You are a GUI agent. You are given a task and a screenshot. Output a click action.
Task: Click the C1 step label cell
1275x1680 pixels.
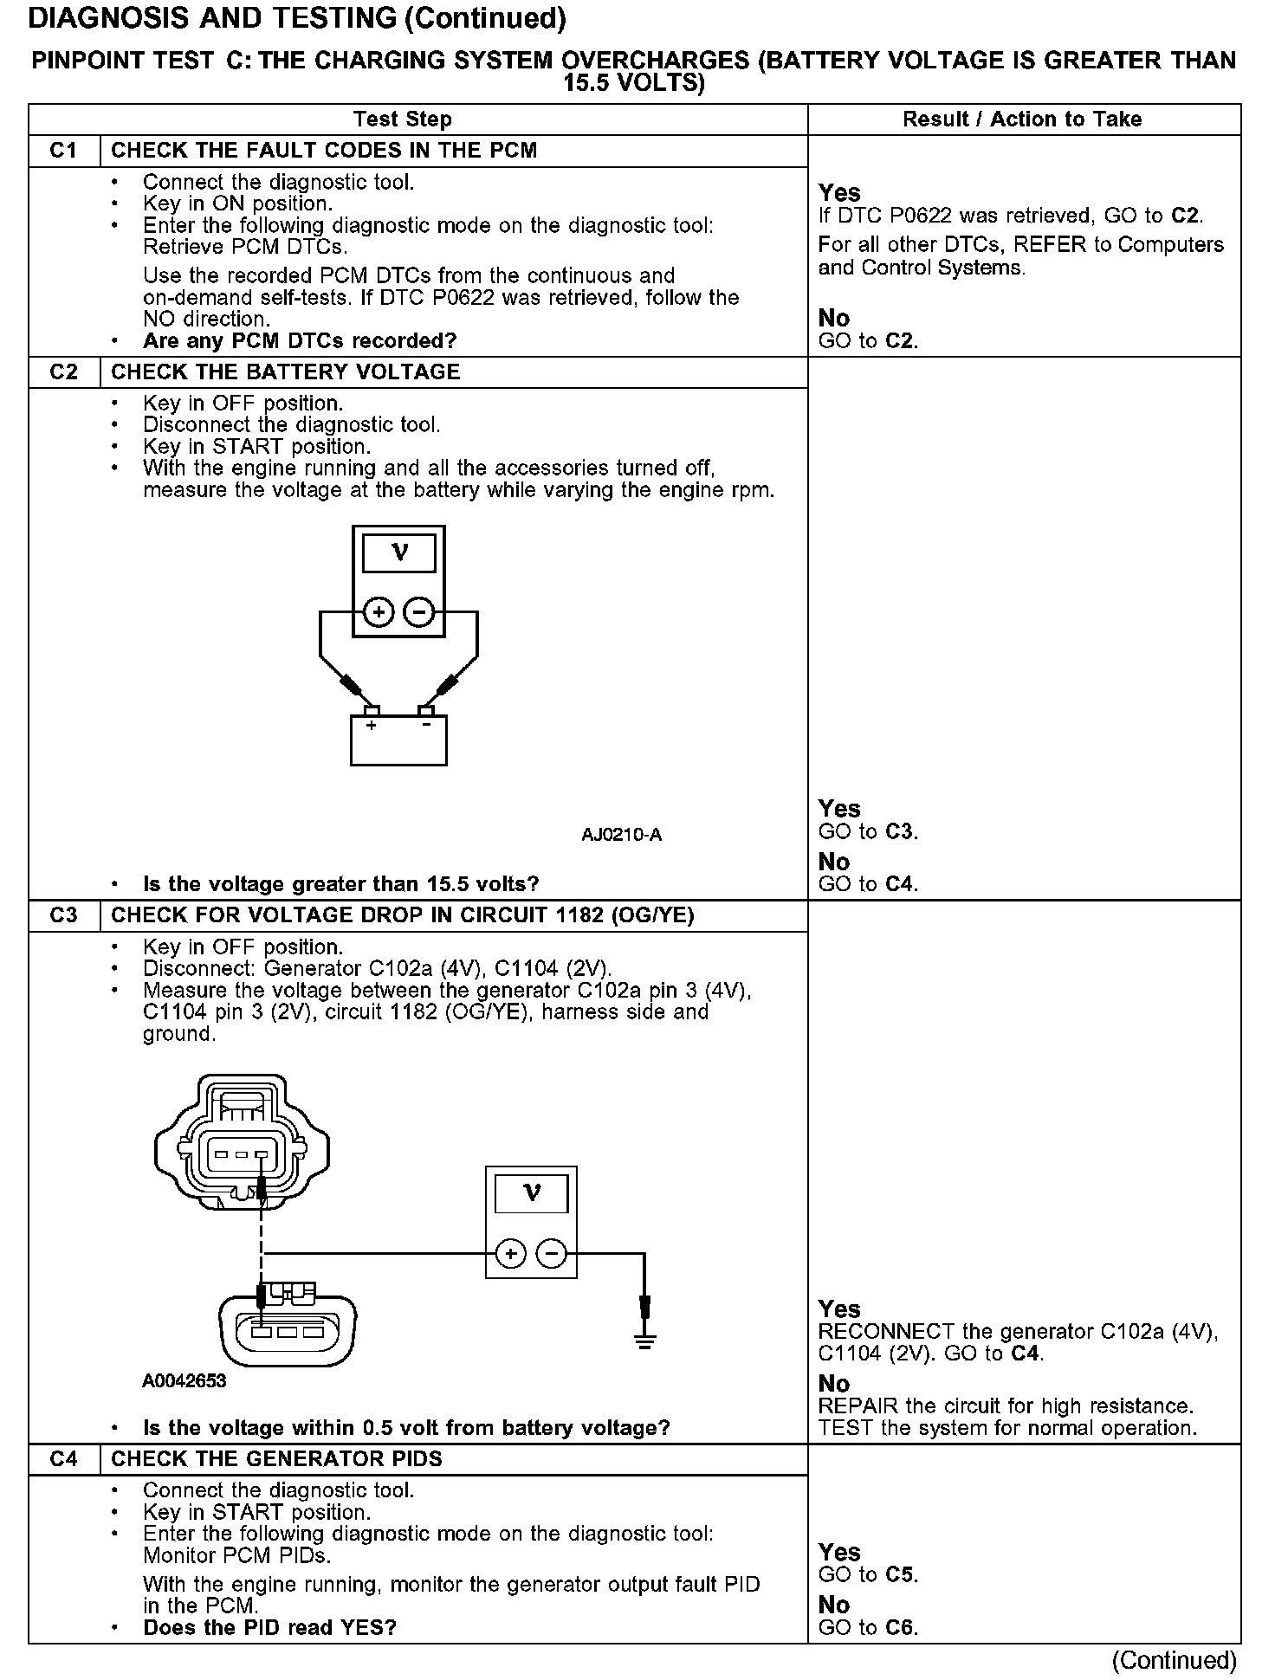pos(64,151)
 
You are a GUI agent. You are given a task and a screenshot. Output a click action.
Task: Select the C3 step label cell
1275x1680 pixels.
pos(64,915)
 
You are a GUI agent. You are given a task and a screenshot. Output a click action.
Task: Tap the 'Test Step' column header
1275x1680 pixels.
pos(402,120)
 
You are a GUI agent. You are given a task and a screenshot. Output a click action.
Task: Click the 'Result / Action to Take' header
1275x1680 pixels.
pos(1022,120)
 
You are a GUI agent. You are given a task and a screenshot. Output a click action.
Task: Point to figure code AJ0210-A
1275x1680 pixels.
pos(621,835)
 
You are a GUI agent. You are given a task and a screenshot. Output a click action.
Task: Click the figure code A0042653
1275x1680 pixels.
pos(184,1380)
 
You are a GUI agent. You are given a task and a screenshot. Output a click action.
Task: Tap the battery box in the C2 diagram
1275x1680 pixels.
pos(398,740)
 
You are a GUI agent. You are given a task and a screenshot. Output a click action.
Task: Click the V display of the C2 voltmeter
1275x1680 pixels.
pos(398,552)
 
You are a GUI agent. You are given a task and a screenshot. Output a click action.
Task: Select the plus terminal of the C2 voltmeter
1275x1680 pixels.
pos(378,613)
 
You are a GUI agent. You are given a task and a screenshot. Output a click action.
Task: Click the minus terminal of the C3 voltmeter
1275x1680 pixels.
pos(552,1253)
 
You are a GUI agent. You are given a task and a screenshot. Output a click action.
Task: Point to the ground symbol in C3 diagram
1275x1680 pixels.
pos(644,1341)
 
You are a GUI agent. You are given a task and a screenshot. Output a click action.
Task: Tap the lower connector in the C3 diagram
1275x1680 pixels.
pos(288,1329)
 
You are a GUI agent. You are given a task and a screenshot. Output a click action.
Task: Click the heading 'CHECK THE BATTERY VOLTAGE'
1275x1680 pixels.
pos(285,372)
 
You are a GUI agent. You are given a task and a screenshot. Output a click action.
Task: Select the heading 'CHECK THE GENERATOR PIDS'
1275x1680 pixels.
pos(276,1459)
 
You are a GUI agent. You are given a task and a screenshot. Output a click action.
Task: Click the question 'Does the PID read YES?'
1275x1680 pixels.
pos(269,1627)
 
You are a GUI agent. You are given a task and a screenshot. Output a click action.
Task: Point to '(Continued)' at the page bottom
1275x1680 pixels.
pos(1175,1659)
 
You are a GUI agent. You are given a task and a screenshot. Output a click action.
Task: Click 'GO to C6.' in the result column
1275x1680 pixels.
pos(867,1627)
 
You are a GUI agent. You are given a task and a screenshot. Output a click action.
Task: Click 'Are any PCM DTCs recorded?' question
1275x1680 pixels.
pos(299,341)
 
